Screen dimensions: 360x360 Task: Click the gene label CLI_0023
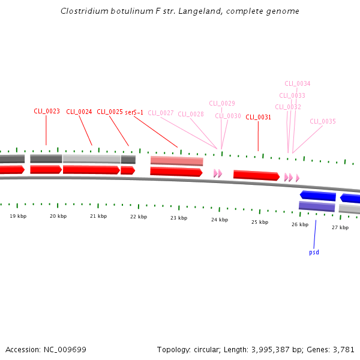point(47,111)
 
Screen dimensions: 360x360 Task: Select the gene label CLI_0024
point(79,112)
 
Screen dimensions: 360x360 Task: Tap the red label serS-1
point(134,112)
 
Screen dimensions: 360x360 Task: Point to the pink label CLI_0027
point(161,113)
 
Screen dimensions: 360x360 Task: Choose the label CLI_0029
point(222,103)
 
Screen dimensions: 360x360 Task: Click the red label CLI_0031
point(259,117)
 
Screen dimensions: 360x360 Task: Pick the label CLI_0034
point(298,83)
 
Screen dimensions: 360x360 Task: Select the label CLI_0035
point(323,121)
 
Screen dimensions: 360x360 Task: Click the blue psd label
point(314,252)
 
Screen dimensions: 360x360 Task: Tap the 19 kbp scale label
point(18,215)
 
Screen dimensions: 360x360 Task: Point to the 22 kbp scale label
point(139,217)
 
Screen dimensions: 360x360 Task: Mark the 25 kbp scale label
point(260,222)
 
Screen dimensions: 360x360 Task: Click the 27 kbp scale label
point(340,227)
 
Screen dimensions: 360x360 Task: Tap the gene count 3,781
point(344,349)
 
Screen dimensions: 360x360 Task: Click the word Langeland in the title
point(199,11)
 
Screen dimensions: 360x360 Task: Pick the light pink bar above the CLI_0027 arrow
point(176,161)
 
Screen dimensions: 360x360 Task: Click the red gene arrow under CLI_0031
point(256,175)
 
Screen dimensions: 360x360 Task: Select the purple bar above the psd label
point(317,206)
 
